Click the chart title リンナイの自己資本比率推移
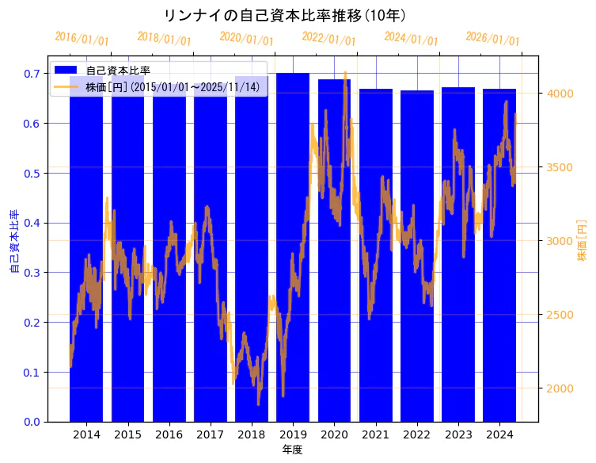click(x=285, y=15)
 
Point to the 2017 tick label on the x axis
click(x=211, y=434)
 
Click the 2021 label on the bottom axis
click(x=375, y=434)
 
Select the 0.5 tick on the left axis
click(x=33, y=173)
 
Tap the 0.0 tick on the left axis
click(x=33, y=422)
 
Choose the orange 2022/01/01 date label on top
click(x=328, y=39)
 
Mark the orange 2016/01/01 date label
click(x=82, y=39)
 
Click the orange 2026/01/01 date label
click(x=492, y=39)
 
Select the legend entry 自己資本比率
click(x=118, y=71)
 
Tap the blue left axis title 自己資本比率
click(x=13, y=242)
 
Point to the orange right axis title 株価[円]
click(x=582, y=241)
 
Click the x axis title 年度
click(x=292, y=450)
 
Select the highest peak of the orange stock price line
click(x=345, y=72)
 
